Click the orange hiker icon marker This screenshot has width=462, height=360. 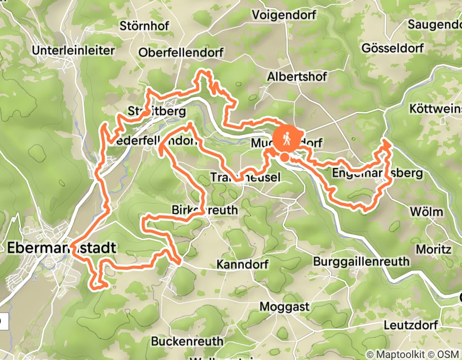[285, 138]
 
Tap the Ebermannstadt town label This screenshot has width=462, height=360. [62, 248]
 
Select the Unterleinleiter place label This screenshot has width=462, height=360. [73, 50]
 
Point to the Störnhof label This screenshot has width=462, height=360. [140, 25]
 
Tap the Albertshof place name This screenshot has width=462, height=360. [297, 77]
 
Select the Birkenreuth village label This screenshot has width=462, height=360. [204, 210]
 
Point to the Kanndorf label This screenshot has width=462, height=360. [240, 265]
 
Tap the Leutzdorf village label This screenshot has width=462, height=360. [411, 326]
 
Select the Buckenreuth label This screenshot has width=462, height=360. [187, 341]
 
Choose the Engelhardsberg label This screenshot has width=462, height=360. [377, 173]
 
